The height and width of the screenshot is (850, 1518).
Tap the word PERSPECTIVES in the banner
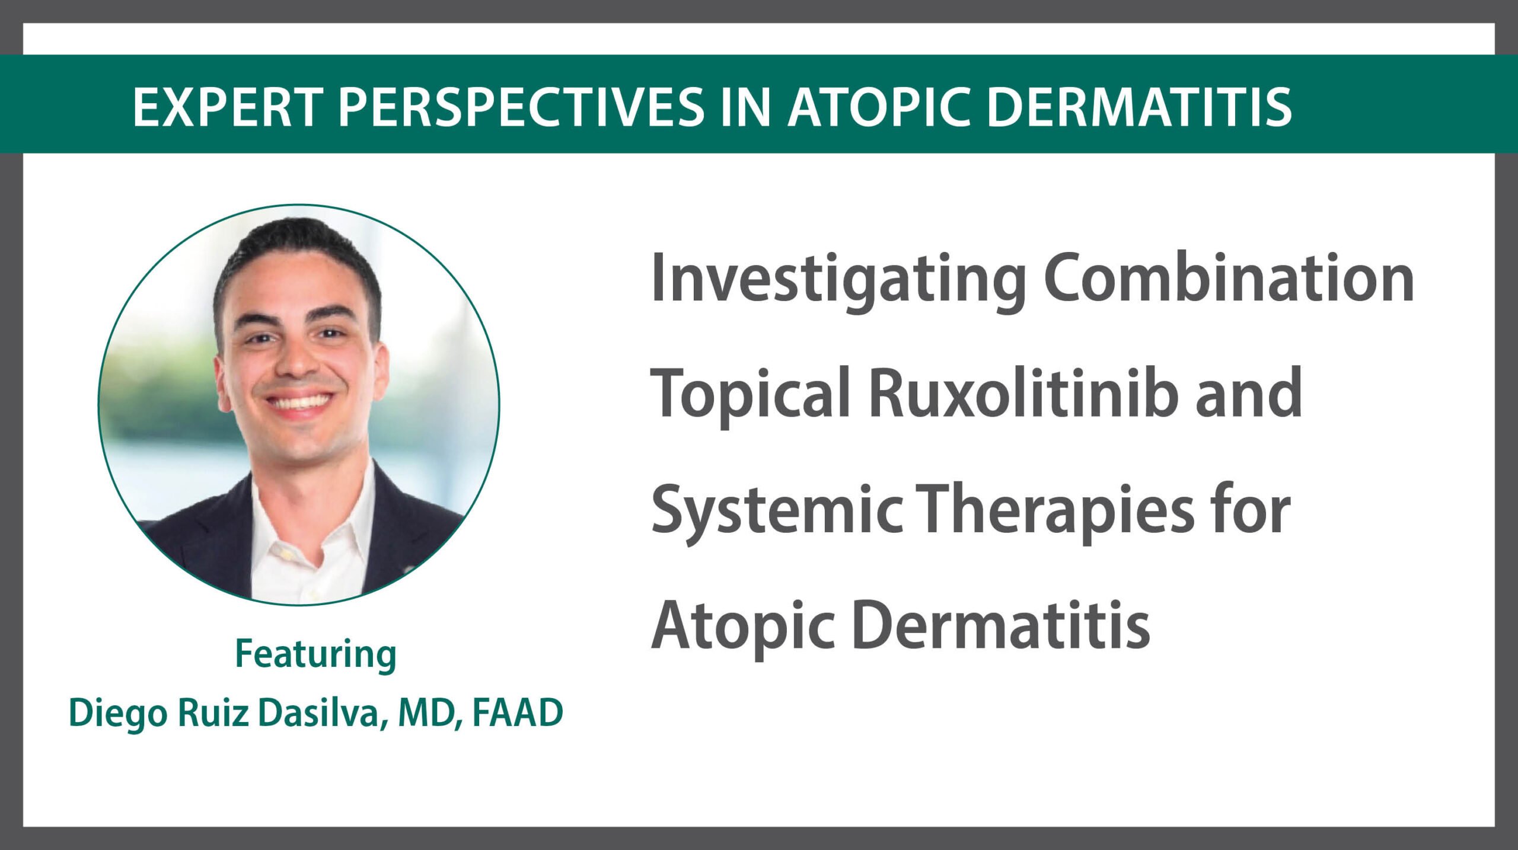(521, 107)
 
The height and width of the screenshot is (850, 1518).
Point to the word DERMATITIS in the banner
(1139, 107)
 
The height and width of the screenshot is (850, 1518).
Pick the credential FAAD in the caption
(517, 712)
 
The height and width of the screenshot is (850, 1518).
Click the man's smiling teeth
(298, 402)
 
